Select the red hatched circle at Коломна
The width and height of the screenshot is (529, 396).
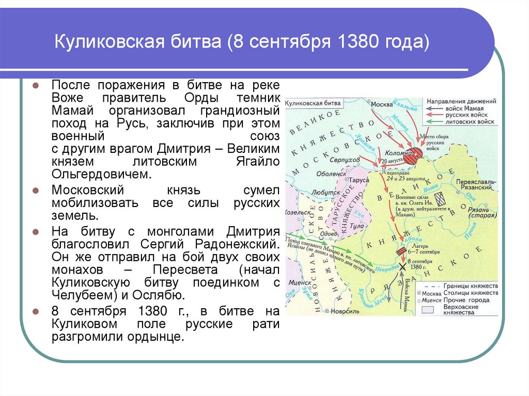tap(413, 155)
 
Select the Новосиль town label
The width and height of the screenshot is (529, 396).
tap(344, 311)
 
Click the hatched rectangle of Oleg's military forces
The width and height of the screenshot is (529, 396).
tap(441, 199)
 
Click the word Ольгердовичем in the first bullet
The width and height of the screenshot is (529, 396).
tap(101, 174)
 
